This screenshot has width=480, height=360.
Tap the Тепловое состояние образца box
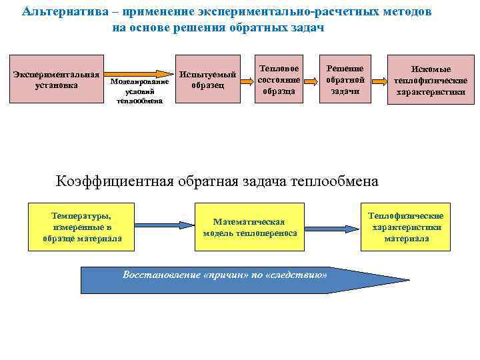(x=279, y=79)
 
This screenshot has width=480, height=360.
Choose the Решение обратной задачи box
(x=344, y=79)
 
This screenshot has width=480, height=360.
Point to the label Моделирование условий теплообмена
(x=140, y=91)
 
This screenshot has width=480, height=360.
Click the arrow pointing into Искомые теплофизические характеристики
(x=378, y=80)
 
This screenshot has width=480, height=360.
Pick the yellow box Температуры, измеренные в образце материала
(x=82, y=227)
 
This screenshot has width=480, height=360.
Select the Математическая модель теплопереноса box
(x=250, y=227)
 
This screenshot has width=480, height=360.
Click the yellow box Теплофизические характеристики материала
(x=406, y=227)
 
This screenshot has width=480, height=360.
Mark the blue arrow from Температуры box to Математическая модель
(x=163, y=226)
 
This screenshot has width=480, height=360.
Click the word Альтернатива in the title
(x=53, y=12)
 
